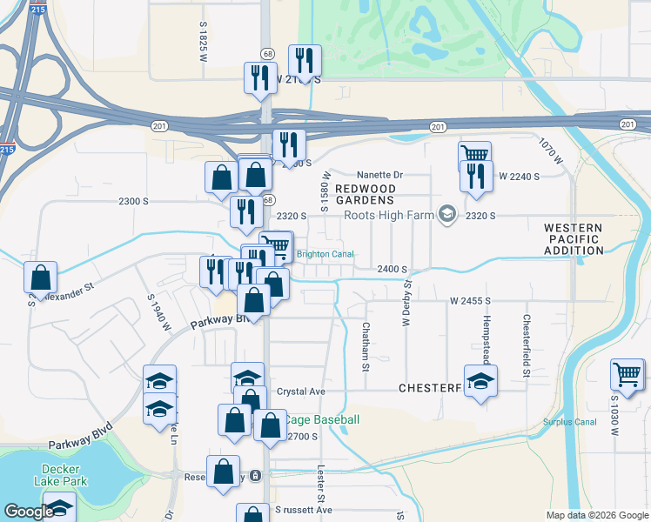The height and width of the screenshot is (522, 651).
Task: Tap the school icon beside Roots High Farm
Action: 447,214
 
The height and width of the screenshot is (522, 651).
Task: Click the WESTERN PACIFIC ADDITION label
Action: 574,239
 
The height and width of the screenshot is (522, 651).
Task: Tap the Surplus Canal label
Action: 570,422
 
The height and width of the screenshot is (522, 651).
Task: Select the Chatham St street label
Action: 366,346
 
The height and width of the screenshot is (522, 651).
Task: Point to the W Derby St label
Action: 406,300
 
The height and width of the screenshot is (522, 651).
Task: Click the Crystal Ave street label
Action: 300,391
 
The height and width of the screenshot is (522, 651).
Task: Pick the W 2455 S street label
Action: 471,300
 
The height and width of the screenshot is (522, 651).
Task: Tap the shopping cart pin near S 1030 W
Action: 627,375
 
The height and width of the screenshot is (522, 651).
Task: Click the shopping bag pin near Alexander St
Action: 41,278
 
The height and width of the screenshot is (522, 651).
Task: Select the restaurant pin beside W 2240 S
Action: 476,177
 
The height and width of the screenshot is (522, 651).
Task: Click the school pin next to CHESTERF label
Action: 480,381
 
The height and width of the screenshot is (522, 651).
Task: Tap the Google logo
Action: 29,512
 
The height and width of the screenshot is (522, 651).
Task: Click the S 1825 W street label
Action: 203,42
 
